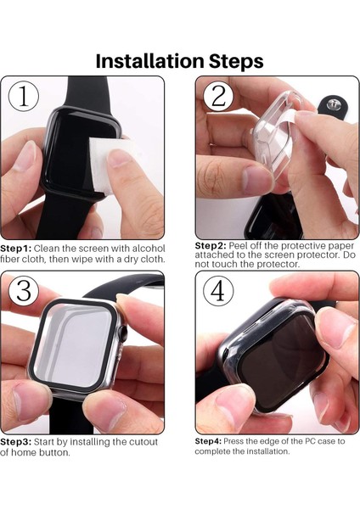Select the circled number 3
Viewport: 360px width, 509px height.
click(x=23, y=292)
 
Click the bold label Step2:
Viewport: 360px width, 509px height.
click(x=212, y=244)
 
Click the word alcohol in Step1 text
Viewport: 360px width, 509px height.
click(x=148, y=248)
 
